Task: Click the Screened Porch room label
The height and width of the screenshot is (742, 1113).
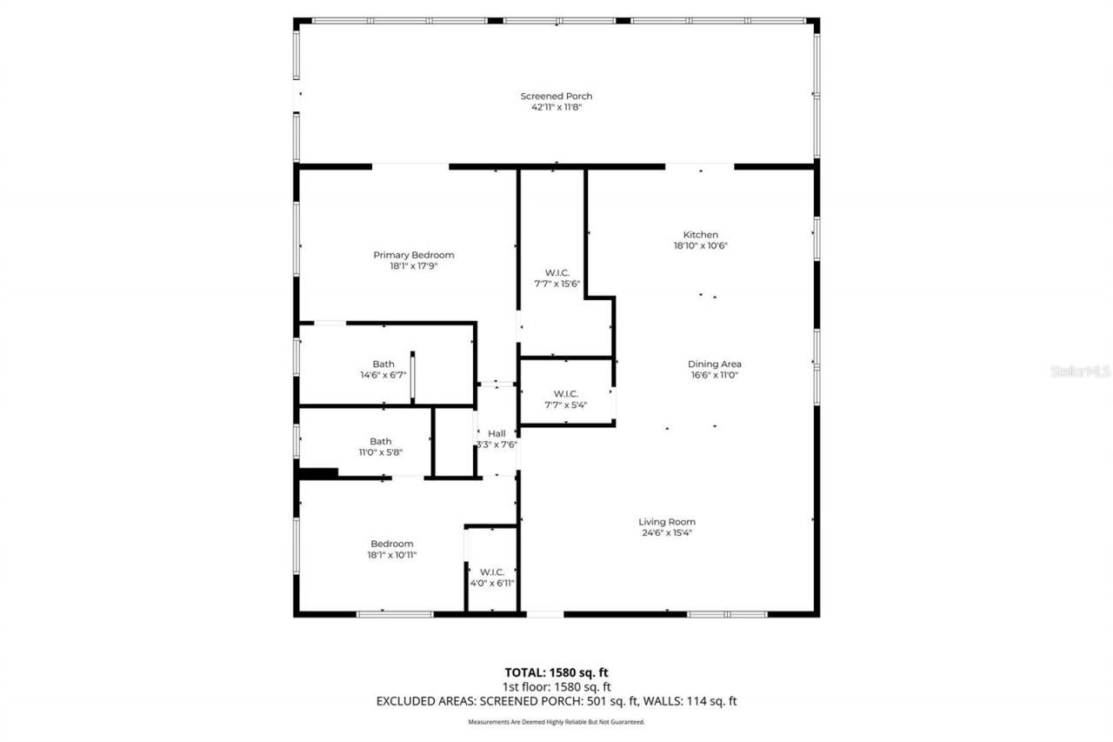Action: click(x=556, y=96)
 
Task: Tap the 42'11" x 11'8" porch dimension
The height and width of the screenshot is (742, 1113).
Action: click(x=556, y=107)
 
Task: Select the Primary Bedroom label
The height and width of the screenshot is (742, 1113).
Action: click(x=413, y=255)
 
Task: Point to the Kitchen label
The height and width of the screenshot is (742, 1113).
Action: click(x=700, y=235)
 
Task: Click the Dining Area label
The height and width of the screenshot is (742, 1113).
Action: click(x=714, y=364)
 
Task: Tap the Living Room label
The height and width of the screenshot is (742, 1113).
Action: click(x=667, y=522)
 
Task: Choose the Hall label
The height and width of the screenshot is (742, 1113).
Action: click(x=497, y=433)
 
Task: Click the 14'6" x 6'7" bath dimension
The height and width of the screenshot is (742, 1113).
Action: click(x=383, y=375)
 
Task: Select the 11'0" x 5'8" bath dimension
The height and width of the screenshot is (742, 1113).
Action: click(x=380, y=451)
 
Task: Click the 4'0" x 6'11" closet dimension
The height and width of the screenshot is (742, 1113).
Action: click(x=492, y=583)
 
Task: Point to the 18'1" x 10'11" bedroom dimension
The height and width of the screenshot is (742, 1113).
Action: click(x=391, y=554)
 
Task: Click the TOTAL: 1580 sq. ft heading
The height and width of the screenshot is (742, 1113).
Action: click(x=556, y=672)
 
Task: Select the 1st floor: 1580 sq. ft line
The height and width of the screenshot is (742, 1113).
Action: click(x=556, y=686)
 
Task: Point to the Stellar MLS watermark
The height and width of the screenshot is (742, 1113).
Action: click(x=1079, y=371)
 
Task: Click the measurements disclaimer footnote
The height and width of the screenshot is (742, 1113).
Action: click(x=556, y=722)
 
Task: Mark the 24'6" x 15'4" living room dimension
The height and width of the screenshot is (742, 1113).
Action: click(x=667, y=533)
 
